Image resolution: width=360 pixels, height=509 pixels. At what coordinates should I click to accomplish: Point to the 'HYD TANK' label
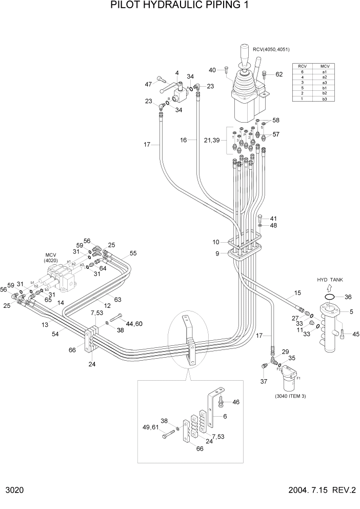tap(329, 279)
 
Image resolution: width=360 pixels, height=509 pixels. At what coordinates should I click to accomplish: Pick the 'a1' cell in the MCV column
tap(324, 72)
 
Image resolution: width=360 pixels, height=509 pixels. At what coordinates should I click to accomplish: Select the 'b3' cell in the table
tap(324, 99)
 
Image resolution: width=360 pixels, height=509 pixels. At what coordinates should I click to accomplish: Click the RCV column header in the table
tap(303, 66)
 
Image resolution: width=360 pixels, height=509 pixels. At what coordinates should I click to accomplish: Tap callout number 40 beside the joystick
tap(212, 70)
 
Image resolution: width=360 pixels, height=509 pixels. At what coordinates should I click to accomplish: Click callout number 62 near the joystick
tap(279, 74)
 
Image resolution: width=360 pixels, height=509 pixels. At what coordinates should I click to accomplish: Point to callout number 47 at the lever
tap(149, 84)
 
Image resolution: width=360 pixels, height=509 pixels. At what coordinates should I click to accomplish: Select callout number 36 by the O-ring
tap(348, 297)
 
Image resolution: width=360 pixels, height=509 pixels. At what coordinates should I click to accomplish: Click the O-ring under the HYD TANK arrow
tap(330, 297)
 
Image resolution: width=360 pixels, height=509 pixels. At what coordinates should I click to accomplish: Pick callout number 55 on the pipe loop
tap(133, 253)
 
